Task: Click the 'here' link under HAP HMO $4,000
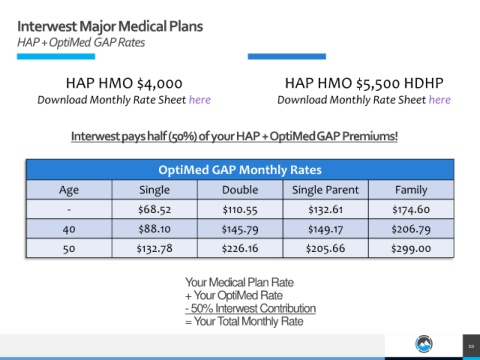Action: pos(200,100)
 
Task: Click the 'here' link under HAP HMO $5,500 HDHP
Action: pos(440,100)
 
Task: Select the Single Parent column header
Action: pos(325,190)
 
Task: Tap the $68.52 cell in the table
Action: pos(155,210)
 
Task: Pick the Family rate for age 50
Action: pos(411,249)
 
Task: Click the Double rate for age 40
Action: pos(240,229)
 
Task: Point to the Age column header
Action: pos(69,190)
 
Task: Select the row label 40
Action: pos(69,229)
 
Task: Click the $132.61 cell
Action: pos(325,210)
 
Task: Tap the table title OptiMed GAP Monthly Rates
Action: pos(240,170)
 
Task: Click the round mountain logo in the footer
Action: pos(424,344)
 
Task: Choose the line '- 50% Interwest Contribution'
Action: pos(250,308)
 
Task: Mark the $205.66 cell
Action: pos(325,249)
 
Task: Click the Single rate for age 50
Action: pos(155,249)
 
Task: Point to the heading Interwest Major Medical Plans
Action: pos(110,26)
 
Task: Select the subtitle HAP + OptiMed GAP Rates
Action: pos(81,43)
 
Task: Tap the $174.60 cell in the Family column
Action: pos(411,210)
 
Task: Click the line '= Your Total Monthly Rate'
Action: pos(244,321)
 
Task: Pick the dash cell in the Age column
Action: pos(69,210)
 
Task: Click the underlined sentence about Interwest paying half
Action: pos(234,136)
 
